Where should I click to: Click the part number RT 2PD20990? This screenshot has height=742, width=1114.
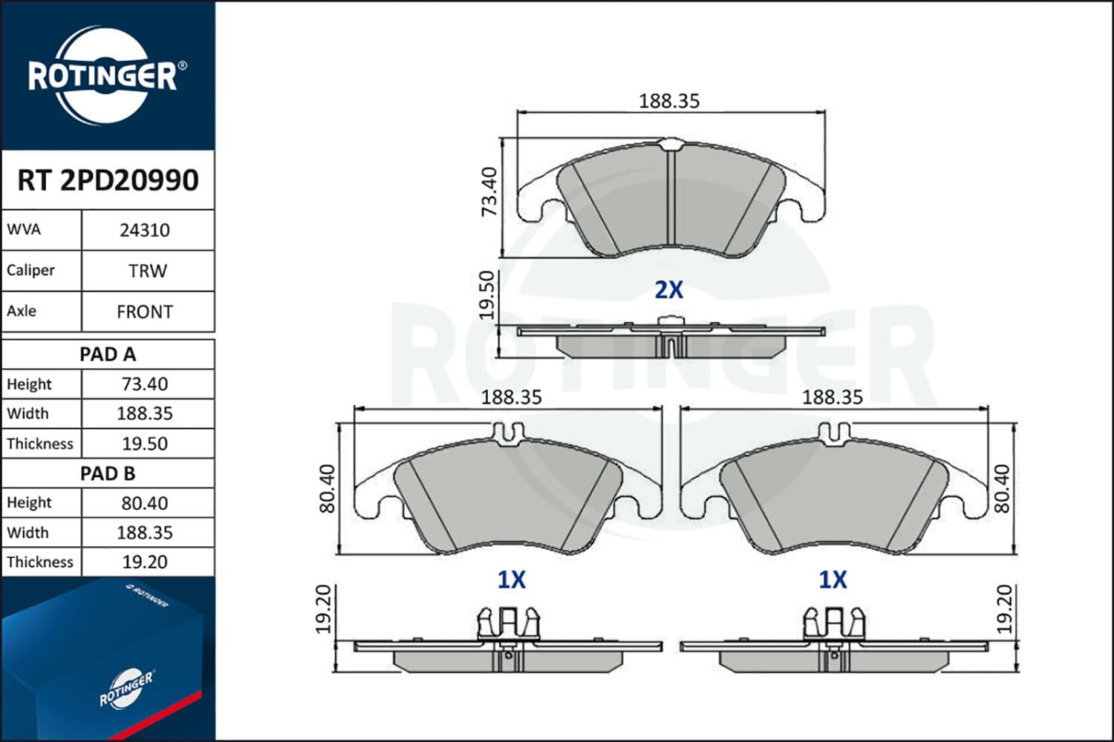(108, 180)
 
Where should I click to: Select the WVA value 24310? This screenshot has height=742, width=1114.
(145, 230)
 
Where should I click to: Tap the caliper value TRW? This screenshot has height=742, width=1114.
(147, 271)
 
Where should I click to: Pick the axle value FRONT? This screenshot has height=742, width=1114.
(145, 312)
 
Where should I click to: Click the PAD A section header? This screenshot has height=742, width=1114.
(108, 355)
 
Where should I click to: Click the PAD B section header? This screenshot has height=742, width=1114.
(108, 473)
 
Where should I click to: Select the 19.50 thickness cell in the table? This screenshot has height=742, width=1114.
(145, 444)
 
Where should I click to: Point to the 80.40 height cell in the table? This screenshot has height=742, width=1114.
(145, 503)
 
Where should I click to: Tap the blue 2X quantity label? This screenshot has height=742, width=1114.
(668, 290)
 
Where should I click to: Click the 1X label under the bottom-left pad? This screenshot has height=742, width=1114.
(511, 580)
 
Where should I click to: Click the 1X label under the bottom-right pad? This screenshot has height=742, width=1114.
(833, 580)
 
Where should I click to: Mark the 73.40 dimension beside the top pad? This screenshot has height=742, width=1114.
(489, 191)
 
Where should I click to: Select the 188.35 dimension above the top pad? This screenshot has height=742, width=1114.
(669, 101)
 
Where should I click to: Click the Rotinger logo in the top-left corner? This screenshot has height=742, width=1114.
(104, 76)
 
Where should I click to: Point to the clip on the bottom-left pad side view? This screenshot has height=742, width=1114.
(508, 623)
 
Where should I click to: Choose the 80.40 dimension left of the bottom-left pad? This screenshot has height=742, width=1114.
(327, 489)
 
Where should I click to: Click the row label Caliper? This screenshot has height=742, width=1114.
(31, 270)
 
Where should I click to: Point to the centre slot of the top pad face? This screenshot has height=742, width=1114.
(671, 197)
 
